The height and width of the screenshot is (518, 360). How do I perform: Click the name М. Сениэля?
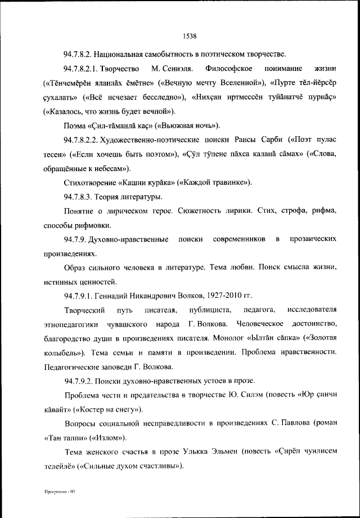click(x=172, y=69)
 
